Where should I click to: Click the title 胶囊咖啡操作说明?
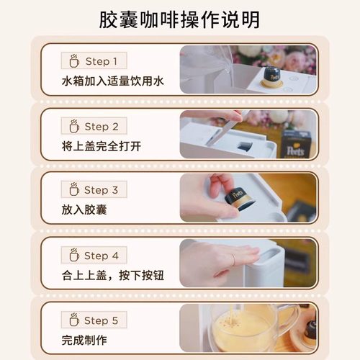pyautogui.click(x=180, y=19)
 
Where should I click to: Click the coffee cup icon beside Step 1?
pyautogui.click(x=73, y=60)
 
